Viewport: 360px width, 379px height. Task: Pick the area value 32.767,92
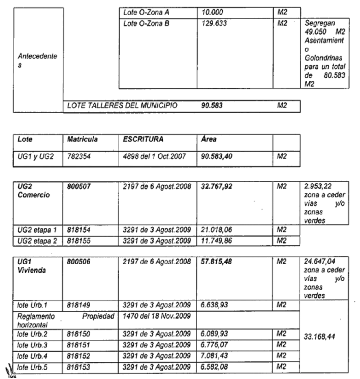tap(216, 187)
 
